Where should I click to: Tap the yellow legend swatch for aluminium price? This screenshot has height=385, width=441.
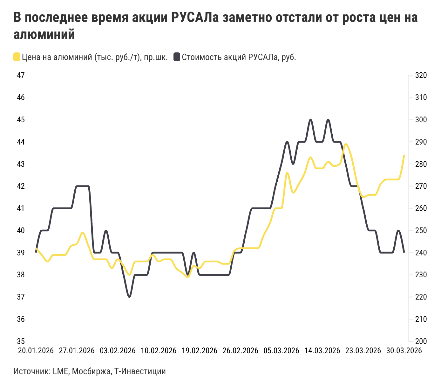(17, 57)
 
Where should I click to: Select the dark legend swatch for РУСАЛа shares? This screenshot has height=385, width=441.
(177, 57)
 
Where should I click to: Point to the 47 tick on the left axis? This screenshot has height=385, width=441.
(21, 75)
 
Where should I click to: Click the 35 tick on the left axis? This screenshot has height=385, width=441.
(21, 341)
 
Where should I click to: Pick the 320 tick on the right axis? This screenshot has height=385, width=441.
(421, 75)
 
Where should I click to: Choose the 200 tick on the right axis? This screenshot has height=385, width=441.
(421, 341)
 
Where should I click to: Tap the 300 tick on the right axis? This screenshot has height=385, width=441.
(421, 120)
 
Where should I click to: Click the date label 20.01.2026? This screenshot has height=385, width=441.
(36, 351)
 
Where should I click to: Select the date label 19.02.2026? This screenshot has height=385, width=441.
(200, 351)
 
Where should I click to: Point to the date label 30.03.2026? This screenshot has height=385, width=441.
(404, 351)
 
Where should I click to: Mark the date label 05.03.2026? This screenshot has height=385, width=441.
(281, 351)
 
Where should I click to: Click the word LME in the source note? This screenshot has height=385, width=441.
(60, 371)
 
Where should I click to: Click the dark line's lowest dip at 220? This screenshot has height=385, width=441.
(129, 297)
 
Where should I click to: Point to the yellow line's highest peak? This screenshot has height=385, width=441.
(346, 144)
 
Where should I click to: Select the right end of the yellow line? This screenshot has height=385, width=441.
(404, 156)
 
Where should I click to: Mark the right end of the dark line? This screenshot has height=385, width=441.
(404, 252)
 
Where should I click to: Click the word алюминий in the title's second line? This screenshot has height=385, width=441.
(44, 35)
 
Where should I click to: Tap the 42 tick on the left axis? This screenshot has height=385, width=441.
(21, 186)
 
